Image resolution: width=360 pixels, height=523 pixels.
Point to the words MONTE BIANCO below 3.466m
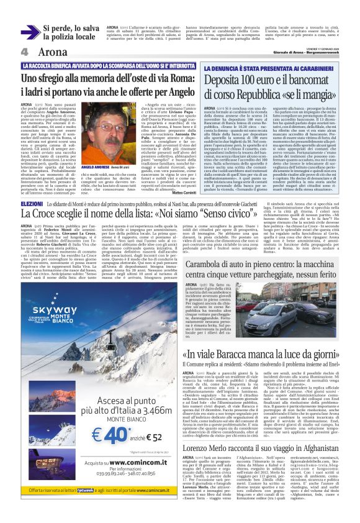tap(96, 421)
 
